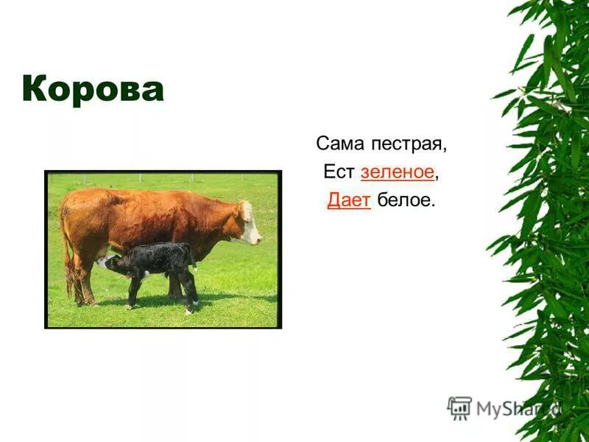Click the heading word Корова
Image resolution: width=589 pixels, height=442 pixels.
[94, 88]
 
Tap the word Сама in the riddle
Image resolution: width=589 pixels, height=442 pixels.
[339, 143]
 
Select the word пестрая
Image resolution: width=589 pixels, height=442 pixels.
[409, 145]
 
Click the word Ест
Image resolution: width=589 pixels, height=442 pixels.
[339, 172]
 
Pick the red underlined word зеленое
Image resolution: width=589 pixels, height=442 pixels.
[398, 172]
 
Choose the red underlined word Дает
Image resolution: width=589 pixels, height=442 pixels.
[349, 200]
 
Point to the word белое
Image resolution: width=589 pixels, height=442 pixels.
[403, 200]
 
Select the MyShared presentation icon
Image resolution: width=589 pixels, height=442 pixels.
[459, 408]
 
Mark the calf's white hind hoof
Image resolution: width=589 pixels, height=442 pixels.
[195, 303]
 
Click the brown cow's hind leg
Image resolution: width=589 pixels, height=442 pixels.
[85, 278]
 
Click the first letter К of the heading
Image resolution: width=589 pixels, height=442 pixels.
[34, 88]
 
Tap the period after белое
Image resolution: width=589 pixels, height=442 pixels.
[432, 206]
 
